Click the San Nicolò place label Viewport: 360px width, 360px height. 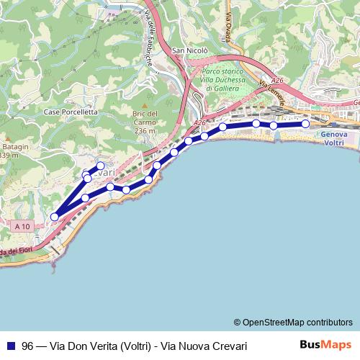pyautogui.click(x=190, y=51)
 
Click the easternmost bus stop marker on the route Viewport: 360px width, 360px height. pyautogui.click(x=305, y=124)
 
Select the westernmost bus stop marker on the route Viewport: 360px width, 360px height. pyautogui.click(x=54, y=216)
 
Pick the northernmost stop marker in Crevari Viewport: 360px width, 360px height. pyautogui.click(x=101, y=166)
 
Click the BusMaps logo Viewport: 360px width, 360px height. pyautogui.click(x=325, y=346)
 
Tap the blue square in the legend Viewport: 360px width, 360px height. pyautogui.click(x=10, y=346)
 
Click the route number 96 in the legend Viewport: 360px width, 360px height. pyautogui.click(x=28, y=346)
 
